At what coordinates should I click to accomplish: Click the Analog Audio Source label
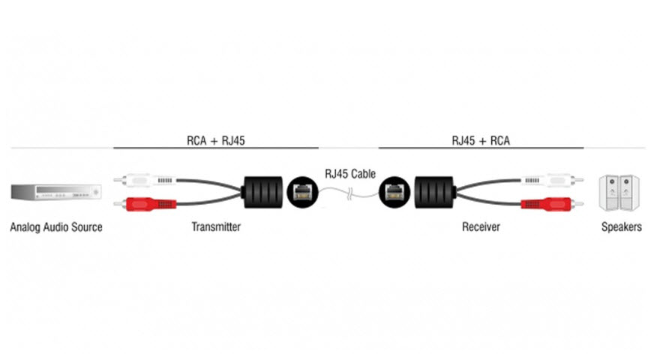click(56, 227)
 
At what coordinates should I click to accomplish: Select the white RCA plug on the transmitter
click(145, 181)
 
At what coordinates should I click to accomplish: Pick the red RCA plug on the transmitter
click(145, 204)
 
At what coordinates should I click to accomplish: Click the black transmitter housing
click(263, 192)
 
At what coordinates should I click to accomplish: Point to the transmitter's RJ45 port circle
click(303, 192)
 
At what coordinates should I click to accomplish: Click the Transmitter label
click(216, 226)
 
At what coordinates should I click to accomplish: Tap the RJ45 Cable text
click(350, 174)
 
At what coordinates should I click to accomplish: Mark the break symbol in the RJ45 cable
click(349, 195)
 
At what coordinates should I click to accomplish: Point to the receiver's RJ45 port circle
click(394, 192)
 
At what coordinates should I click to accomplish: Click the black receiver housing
click(434, 192)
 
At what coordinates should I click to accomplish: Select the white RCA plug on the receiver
click(552, 181)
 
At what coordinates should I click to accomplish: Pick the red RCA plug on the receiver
click(552, 204)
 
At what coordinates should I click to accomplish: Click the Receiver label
click(481, 226)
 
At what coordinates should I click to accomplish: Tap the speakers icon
click(619, 193)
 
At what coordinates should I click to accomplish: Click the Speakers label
click(622, 227)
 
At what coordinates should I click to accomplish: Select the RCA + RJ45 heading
click(216, 140)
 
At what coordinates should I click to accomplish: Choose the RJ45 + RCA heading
click(481, 140)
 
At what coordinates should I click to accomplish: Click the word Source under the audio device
click(87, 227)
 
